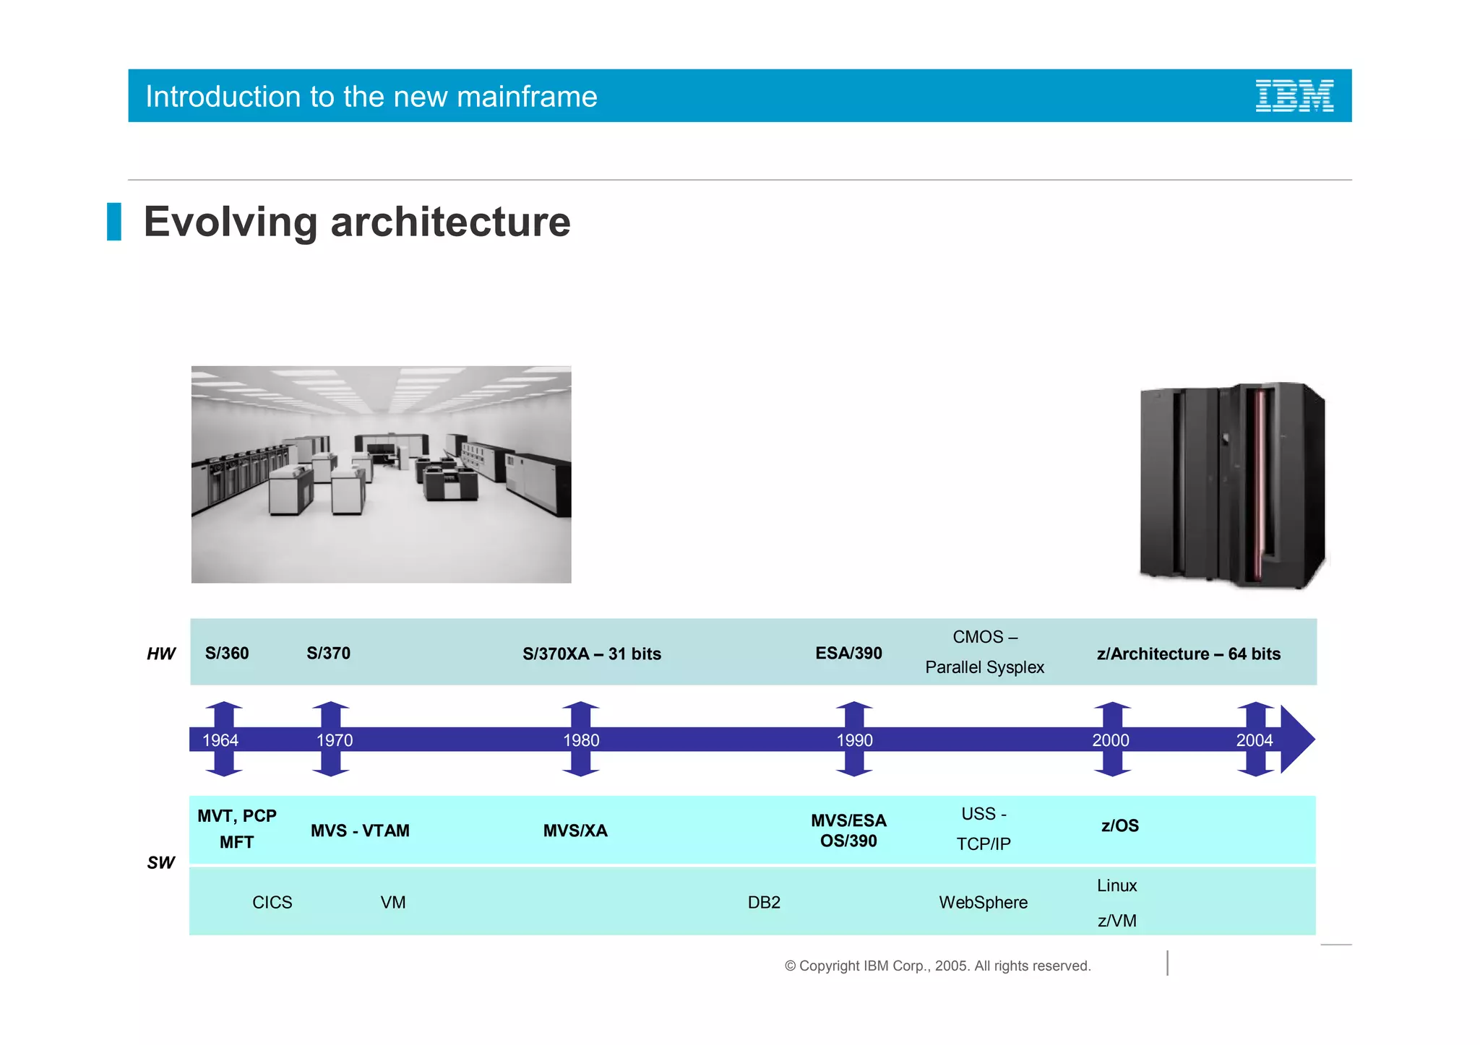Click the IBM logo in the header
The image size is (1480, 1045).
[x=1294, y=96]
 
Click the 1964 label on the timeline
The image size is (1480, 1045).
[x=220, y=740]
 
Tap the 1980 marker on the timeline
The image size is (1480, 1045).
[x=581, y=740]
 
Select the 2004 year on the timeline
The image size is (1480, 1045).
[x=1254, y=740]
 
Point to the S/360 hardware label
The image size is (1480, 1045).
[x=227, y=653]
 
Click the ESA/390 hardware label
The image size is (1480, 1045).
[x=848, y=653]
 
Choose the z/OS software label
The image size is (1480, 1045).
[x=1119, y=825]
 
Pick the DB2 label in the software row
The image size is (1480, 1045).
[x=764, y=902]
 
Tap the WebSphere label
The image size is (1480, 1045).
[x=983, y=902]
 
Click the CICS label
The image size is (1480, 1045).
[x=272, y=902]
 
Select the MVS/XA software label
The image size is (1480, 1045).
[x=575, y=831]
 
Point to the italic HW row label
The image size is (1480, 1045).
[x=161, y=654]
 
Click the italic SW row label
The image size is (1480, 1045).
[x=161, y=862]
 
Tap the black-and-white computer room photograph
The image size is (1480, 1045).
[x=381, y=474]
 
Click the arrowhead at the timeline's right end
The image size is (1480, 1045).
[x=1297, y=740]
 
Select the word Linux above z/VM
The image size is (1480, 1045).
[x=1117, y=885]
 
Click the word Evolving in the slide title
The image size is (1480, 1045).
[x=230, y=222]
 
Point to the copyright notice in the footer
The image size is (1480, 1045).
[x=937, y=966]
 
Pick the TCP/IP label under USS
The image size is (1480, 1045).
[x=983, y=844]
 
